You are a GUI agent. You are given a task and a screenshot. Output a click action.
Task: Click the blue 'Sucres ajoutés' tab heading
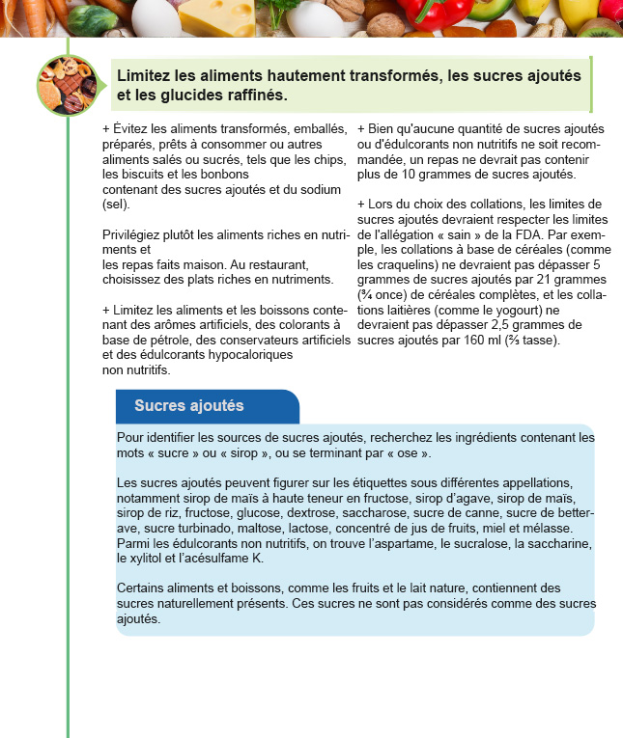click(189, 405)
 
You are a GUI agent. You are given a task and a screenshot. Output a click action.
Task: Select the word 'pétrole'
click(180, 341)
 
